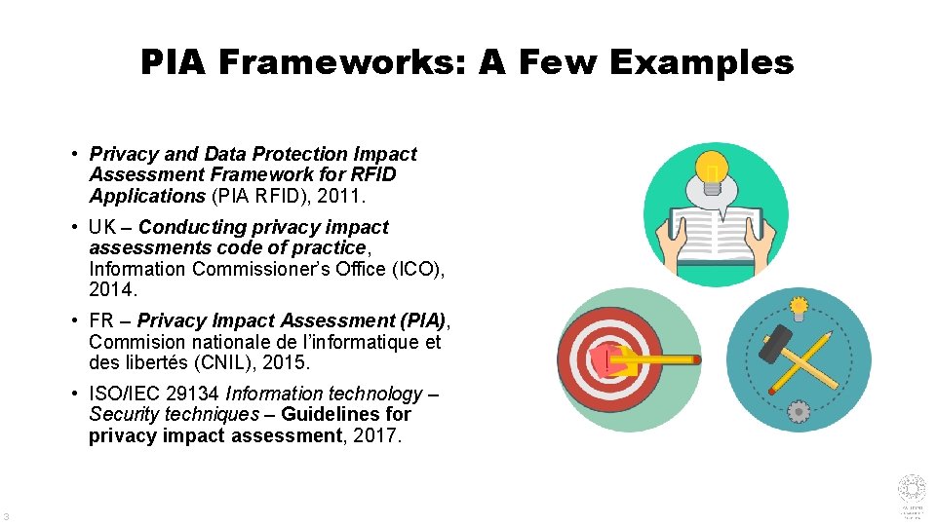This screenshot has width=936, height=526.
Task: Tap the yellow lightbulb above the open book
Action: pos(715,169)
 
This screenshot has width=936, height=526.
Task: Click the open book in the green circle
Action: pos(716,235)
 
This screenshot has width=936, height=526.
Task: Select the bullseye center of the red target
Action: pos(607,358)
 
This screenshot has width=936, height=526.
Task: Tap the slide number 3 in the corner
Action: pos(7,516)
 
